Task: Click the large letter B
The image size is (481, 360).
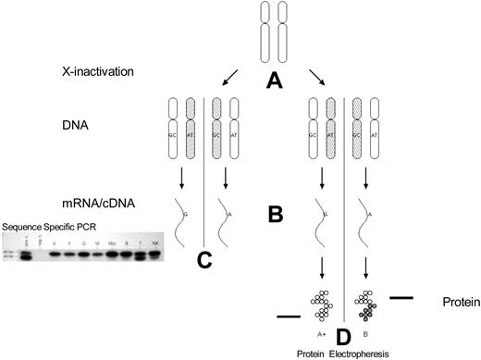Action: pos(273,215)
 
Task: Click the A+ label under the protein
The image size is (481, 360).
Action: pos(321,328)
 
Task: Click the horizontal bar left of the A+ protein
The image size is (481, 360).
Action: pos(290,316)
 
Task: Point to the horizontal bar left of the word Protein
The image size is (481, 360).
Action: pos(401,298)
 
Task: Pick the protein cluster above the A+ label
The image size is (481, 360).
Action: pos(322,304)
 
